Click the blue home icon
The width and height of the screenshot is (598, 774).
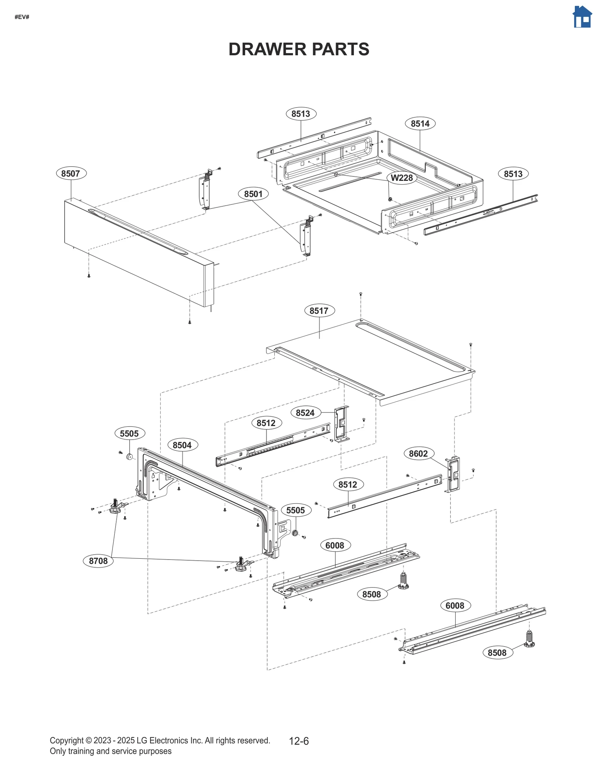582,17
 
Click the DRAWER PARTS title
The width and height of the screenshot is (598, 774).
299,49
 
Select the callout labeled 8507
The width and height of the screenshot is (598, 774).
71,173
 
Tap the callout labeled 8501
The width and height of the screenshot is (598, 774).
253,194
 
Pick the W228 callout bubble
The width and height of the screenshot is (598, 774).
401,178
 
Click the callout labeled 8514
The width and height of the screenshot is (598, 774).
420,124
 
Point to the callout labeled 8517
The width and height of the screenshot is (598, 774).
319,311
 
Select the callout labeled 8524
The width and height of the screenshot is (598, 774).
305,413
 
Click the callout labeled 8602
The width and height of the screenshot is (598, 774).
418,454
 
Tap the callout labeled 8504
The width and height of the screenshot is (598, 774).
182,445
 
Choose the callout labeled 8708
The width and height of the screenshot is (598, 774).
98,561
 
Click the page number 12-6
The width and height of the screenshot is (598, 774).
299,741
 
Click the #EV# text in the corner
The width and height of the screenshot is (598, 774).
22,17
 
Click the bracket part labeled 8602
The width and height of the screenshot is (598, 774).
453,474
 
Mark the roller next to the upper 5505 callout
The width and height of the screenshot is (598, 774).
129,456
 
